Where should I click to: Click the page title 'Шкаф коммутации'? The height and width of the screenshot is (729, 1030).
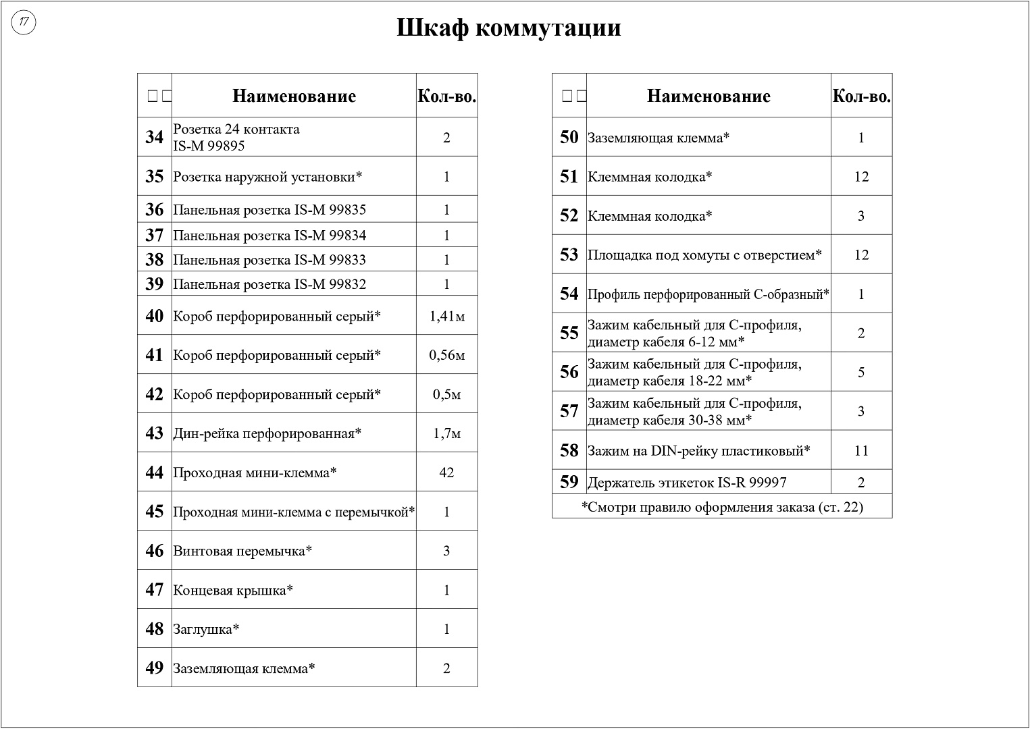(508, 28)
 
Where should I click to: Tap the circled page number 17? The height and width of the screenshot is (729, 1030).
(24, 23)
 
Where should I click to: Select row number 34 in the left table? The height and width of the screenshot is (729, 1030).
(155, 137)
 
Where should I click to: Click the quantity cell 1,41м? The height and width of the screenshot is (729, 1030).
(446, 316)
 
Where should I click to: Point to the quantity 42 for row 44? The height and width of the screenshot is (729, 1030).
(446, 473)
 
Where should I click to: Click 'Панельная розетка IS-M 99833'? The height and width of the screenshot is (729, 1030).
(269, 260)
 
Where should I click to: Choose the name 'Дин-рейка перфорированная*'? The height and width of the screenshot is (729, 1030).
(267, 433)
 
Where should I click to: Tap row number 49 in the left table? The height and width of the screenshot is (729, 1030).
(155, 668)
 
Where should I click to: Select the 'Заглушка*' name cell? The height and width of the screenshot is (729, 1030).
(207, 629)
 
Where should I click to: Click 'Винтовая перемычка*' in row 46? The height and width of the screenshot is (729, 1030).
(242, 551)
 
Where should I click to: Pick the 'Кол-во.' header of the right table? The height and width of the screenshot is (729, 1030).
(861, 96)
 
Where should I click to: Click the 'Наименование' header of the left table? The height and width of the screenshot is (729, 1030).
(294, 96)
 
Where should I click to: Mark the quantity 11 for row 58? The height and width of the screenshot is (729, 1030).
(861, 451)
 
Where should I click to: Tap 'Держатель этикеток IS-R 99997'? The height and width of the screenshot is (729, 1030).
(687, 483)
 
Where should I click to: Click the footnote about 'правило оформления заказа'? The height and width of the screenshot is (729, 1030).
(722, 507)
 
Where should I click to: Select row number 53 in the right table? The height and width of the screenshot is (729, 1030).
(569, 254)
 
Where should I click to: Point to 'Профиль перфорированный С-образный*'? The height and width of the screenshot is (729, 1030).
(709, 294)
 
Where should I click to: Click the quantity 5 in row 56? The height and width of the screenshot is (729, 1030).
(861, 373)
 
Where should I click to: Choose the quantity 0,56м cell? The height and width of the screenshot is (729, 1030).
(446, 355)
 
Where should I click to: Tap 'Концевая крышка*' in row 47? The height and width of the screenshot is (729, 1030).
(233, 590)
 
